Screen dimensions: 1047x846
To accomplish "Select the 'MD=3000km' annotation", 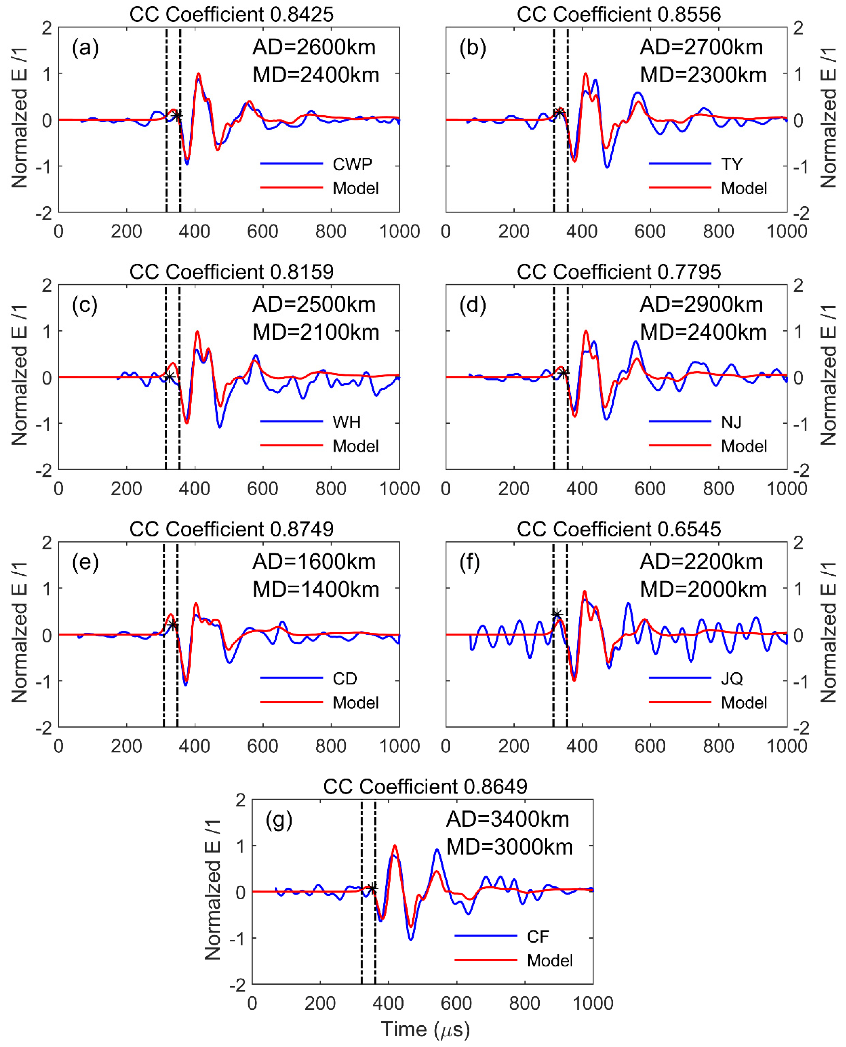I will pyautogui.click(x=509, y=847).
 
